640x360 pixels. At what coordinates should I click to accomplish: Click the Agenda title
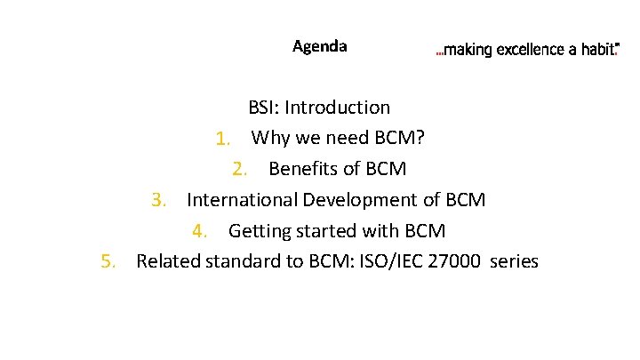pyautogui.click(x=320, y=46)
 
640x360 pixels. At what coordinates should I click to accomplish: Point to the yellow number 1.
pyautogui.click(x=222, y=139)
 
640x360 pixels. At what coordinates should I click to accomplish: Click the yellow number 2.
pyautogui.click(x=239, y=169)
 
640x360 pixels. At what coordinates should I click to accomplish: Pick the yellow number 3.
pyautogui.click(x=158, y=200)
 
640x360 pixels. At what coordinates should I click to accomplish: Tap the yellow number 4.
pyautogui.click(x=200, y=231)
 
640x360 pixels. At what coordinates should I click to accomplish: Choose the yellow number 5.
pyautogui.click(x=108, y=261)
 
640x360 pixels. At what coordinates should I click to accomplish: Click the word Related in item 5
pyautogui.click(x=168, y=261)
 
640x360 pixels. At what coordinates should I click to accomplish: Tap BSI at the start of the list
pyautogui.click(x=262, y=108)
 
